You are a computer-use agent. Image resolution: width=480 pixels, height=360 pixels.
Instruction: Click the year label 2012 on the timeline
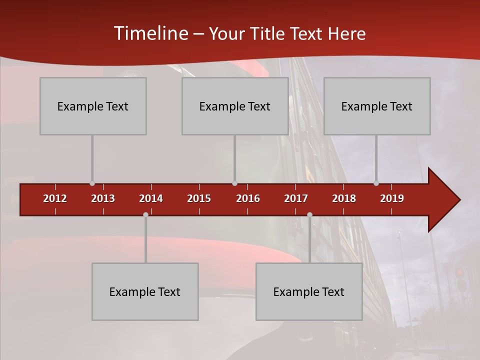(55, 198)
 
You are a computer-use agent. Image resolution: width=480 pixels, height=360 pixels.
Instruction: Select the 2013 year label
(103, 198)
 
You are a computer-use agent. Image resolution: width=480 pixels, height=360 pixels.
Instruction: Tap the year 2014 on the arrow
(151, 198)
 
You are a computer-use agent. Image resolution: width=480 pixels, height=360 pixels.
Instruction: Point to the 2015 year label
(199, 198)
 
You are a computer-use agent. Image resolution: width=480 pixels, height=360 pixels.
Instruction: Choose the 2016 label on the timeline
(248, 198)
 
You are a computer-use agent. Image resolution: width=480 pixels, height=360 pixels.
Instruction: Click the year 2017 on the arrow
(296, 198)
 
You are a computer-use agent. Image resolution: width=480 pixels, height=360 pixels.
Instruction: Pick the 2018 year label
(344, 198)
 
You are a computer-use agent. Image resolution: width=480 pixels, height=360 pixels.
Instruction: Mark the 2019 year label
(392, 198)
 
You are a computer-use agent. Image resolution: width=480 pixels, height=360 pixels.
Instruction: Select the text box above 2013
(93, 106)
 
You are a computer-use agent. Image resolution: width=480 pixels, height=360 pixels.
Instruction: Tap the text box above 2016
(235, 106)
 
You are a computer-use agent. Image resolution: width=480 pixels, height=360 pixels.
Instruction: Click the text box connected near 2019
(377, 106)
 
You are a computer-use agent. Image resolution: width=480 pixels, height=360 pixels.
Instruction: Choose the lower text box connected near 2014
(145, 291)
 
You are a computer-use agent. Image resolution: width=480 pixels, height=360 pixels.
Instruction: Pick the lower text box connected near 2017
(309, 291)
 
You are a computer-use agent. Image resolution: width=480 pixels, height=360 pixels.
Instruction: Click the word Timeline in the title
(150, 33)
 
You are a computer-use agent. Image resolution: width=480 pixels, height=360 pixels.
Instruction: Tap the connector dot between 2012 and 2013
(92, 183)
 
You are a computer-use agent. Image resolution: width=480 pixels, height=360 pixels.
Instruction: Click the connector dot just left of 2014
(145, 214)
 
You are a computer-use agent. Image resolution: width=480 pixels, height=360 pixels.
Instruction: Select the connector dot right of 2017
(309, 214)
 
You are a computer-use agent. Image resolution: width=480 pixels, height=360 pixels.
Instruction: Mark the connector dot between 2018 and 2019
(376, 183)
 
